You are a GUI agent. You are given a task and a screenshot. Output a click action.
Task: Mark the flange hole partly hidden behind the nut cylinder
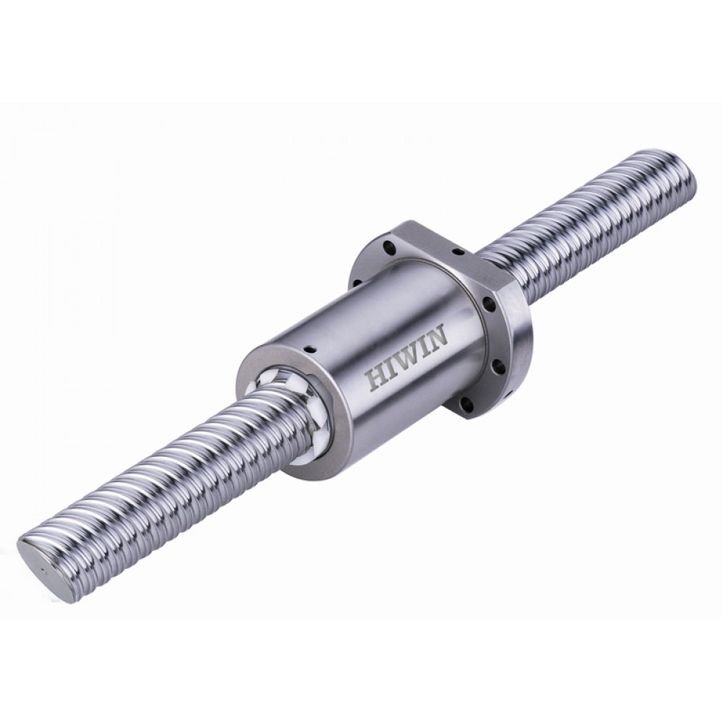(x=356, y=277)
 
